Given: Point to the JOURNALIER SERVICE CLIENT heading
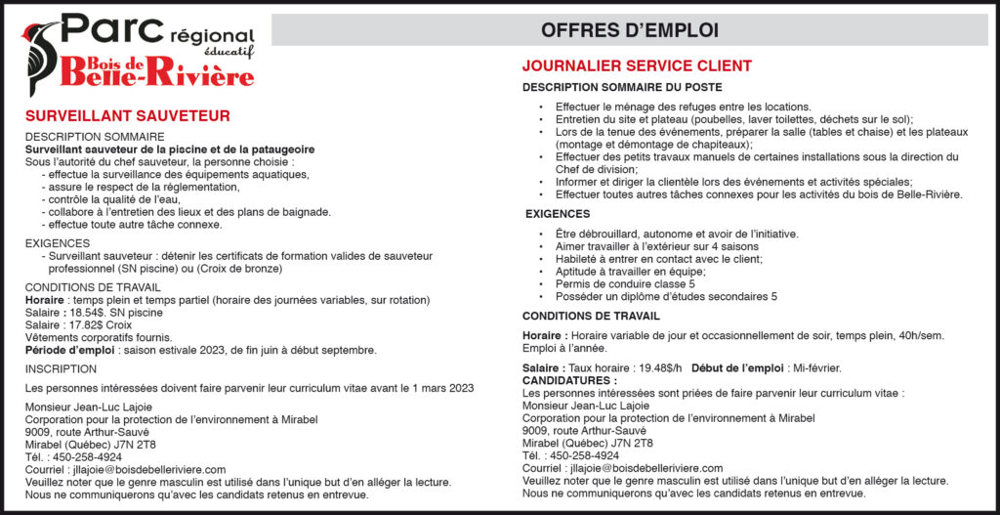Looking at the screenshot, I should [x=637, y=66].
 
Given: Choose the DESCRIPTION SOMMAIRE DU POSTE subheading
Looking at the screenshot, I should [x=622, y=88].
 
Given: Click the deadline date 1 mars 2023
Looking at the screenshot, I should [x=437, y=388].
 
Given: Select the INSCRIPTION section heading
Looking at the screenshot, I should [x=61, y=369].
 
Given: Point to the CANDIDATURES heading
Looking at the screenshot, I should [x=569, y=379].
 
